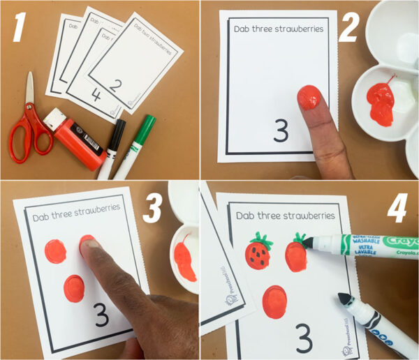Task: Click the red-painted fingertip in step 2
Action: (x=308, y=98)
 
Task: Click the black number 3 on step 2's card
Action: (x=281, y=130)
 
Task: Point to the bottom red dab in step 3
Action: (x=75, y=287)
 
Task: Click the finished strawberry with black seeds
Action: (x=258, y=253)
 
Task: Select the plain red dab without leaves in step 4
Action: (x=274, y=301)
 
